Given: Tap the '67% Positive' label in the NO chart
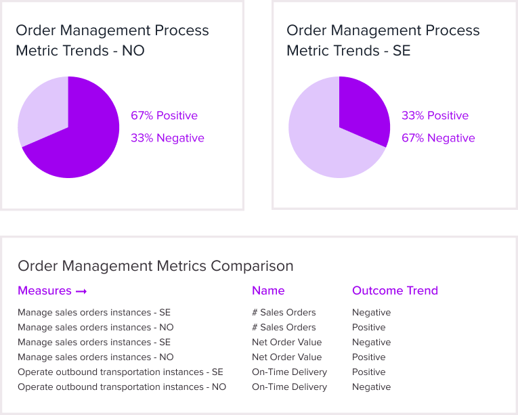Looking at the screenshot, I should coord(164,116).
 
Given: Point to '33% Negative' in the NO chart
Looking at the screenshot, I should coord(167,138).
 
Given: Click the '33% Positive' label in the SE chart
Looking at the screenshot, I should coord(435,116).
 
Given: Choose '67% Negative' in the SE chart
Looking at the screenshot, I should coord(438,138).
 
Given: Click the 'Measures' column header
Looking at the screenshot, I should coord(45,290).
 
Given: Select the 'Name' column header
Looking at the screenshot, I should coord(268,290).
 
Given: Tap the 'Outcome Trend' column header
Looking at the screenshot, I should coord(395,290).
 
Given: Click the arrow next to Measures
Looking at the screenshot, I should coord(81,291).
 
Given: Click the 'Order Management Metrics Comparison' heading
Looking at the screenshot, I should coord(156,266).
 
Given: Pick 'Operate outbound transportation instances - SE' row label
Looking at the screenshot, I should coord(121,372).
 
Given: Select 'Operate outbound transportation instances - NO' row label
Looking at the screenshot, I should coord(122,387).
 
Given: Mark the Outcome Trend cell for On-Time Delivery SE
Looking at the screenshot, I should coord(369,372).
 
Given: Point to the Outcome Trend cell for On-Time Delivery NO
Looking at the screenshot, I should coord(371,387).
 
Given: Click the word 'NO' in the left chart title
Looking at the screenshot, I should coord(133,51).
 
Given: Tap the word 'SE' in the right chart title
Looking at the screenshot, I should coord(402,51).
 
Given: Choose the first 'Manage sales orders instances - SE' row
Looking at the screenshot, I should coord(94,313).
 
